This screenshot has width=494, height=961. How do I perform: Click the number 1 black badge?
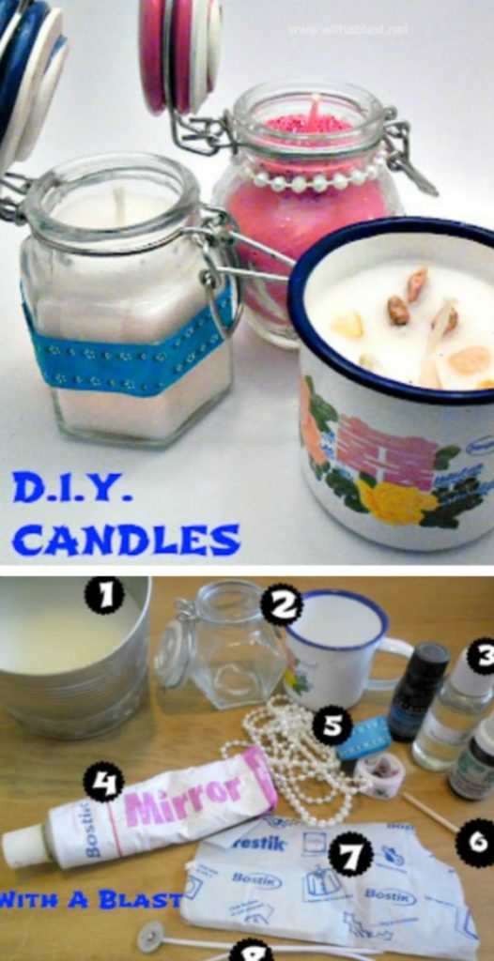point(104,594)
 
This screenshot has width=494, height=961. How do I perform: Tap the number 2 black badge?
point(281,605)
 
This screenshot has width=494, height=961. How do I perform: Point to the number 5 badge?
point(332,725)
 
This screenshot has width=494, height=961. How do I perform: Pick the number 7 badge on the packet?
point(352,855)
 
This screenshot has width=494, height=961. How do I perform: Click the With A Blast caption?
point(89,899)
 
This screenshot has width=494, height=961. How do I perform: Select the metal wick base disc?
point(149,934)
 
